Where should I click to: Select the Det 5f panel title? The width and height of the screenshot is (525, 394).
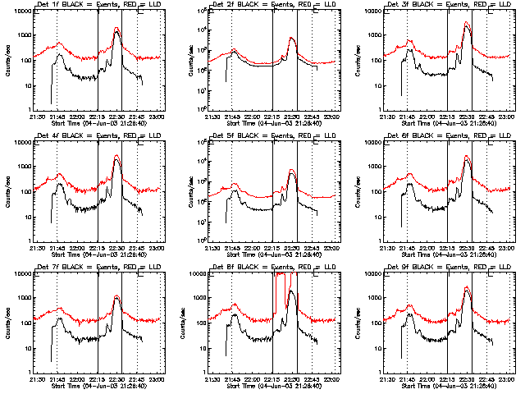point(272,136)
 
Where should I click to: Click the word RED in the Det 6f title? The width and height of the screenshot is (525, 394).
point(475,136)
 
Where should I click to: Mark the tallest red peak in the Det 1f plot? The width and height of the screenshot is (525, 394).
point(117,29)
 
